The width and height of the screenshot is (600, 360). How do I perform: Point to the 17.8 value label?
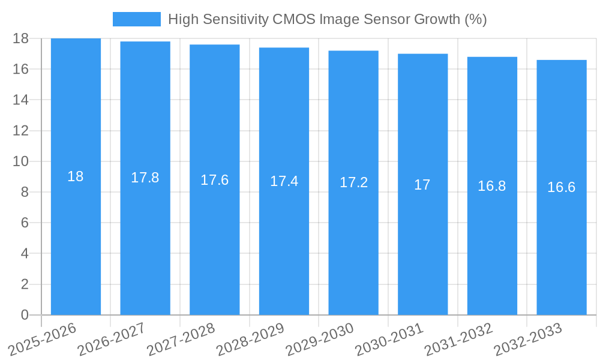(145, 178)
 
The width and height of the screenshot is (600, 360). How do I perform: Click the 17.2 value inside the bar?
(353, 182)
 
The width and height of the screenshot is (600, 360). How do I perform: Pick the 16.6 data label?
(562, 187)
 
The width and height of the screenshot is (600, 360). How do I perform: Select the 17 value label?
(422, 185)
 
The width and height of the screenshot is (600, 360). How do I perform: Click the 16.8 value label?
(492, 186)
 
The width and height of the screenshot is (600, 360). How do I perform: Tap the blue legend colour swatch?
(137, 19)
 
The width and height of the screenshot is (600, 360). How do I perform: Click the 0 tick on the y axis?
(25, 315)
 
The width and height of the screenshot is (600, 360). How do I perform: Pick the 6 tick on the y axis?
(25, 223)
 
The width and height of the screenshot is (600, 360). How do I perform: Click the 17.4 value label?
(284, 181)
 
